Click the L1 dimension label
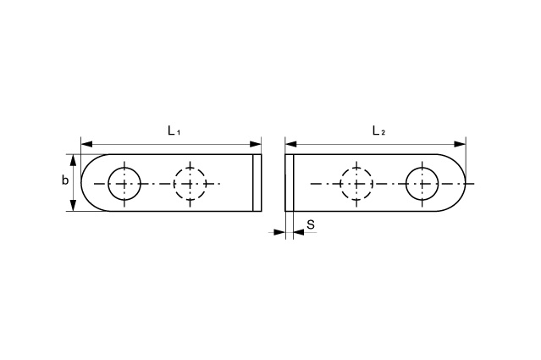[x=174, y=130]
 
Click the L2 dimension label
[x=378, y=130]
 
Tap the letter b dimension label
[x=65, y=180]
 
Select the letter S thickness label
[x=311, y=224]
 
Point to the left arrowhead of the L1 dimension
[x=86, y=144]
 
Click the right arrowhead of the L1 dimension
[x=256, y=144]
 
